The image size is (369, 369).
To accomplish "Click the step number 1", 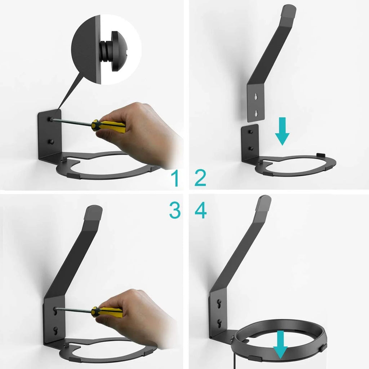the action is coord(175,178).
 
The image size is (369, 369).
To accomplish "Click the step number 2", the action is coord(200,178).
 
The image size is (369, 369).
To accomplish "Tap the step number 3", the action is coord(175,210).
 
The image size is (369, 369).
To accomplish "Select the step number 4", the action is coord(200,210).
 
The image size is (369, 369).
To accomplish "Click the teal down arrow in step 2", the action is coord(282,131).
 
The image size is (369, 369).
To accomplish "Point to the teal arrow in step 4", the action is coord(280,345).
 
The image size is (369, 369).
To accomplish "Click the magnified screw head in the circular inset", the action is coord(119,51).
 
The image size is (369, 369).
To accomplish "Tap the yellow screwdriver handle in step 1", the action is coord(109,126).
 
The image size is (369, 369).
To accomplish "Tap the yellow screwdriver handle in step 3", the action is coord(107,312).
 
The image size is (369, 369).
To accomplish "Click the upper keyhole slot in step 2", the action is coord(256,97).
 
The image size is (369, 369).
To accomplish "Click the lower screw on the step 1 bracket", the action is coord(51,142).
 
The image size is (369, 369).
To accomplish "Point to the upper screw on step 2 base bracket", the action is coord(251,132).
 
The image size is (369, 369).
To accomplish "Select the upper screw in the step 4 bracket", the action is coord(219,302).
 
